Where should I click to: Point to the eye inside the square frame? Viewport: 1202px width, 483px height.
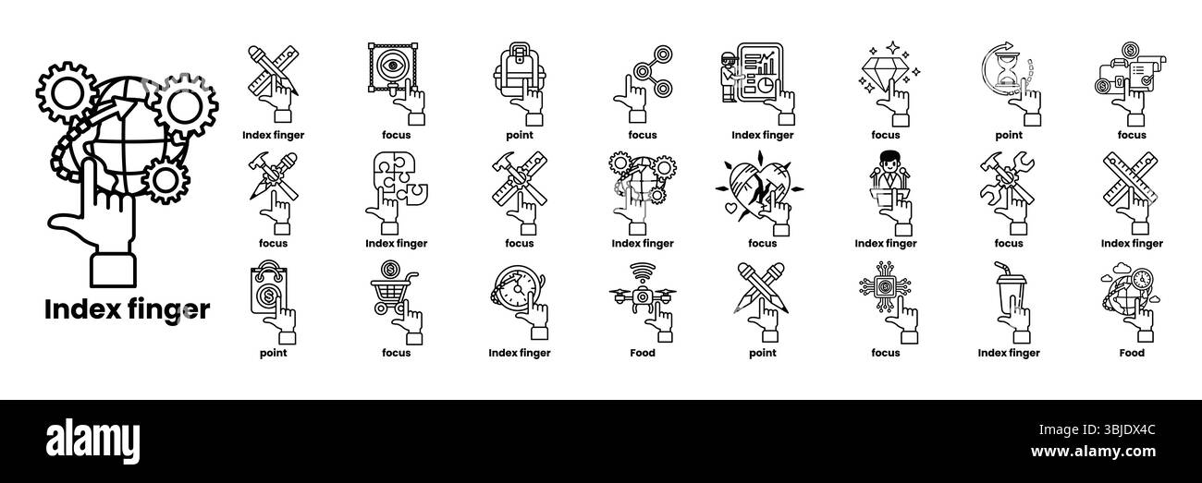(x=396, y=66)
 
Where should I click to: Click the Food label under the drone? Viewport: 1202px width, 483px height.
(x=642, y=353)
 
